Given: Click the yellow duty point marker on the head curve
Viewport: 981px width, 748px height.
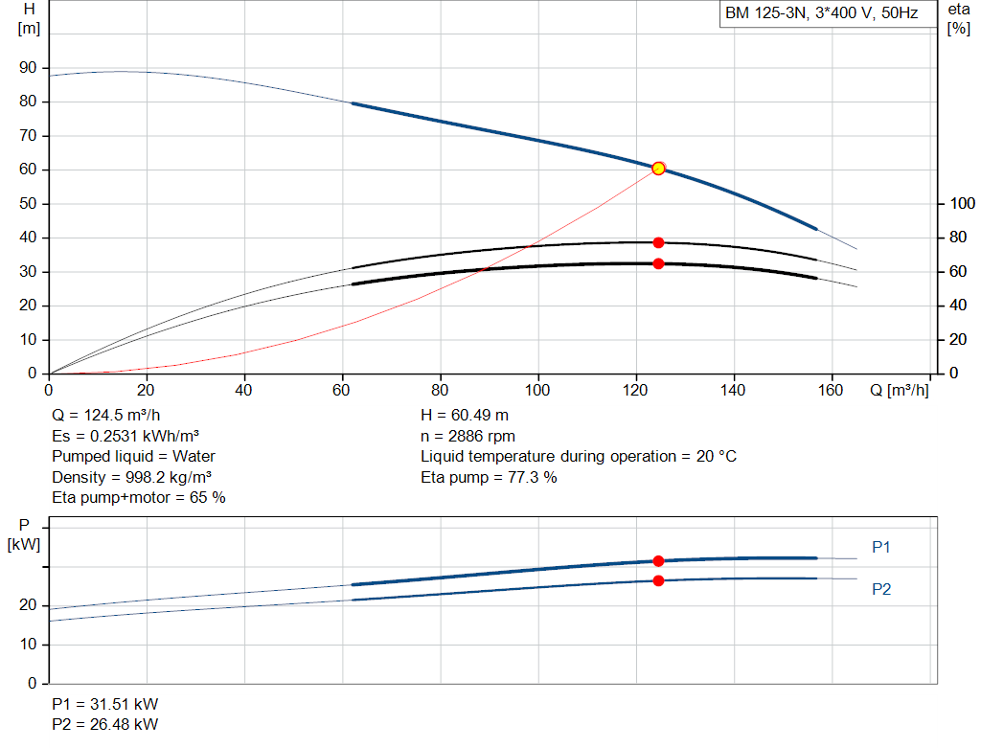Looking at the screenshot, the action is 658,169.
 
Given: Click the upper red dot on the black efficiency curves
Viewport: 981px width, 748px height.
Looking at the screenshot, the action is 658,242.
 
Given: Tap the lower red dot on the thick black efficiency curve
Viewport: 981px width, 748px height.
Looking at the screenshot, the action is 658,264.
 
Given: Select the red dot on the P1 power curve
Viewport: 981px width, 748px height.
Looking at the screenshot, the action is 658,561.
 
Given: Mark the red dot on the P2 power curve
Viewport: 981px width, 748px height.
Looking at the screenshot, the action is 658,581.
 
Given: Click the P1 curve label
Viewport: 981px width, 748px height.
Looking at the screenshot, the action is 881,547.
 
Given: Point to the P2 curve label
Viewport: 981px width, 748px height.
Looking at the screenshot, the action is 881,589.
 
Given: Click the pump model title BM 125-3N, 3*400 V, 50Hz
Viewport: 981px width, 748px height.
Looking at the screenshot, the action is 821,13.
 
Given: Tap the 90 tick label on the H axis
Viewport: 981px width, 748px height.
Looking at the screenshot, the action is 28,68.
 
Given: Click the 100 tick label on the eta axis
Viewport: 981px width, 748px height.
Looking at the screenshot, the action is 962,203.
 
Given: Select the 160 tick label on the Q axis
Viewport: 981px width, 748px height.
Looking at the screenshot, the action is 831,390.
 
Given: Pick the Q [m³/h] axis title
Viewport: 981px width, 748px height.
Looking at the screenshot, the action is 899,390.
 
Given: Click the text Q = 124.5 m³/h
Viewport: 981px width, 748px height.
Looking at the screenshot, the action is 106,416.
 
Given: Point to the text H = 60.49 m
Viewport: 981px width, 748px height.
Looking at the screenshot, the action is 465,416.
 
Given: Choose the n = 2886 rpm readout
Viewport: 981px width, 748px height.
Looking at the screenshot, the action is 468,436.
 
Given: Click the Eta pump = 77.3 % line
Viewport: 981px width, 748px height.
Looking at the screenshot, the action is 489,477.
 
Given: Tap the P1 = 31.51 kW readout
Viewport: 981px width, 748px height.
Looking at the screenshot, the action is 105,704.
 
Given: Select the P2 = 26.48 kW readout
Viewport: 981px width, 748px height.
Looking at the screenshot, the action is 105,724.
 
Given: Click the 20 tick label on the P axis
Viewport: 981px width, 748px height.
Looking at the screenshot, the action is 28,605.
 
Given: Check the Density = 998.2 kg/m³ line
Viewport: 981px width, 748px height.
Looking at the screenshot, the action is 131,477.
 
